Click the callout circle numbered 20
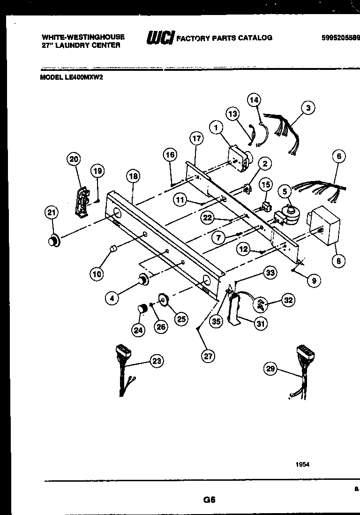74,159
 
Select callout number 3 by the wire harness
307,108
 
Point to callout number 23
157,361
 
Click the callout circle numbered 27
208,356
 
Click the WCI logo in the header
160,38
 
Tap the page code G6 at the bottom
209,500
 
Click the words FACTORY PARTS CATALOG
225,38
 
